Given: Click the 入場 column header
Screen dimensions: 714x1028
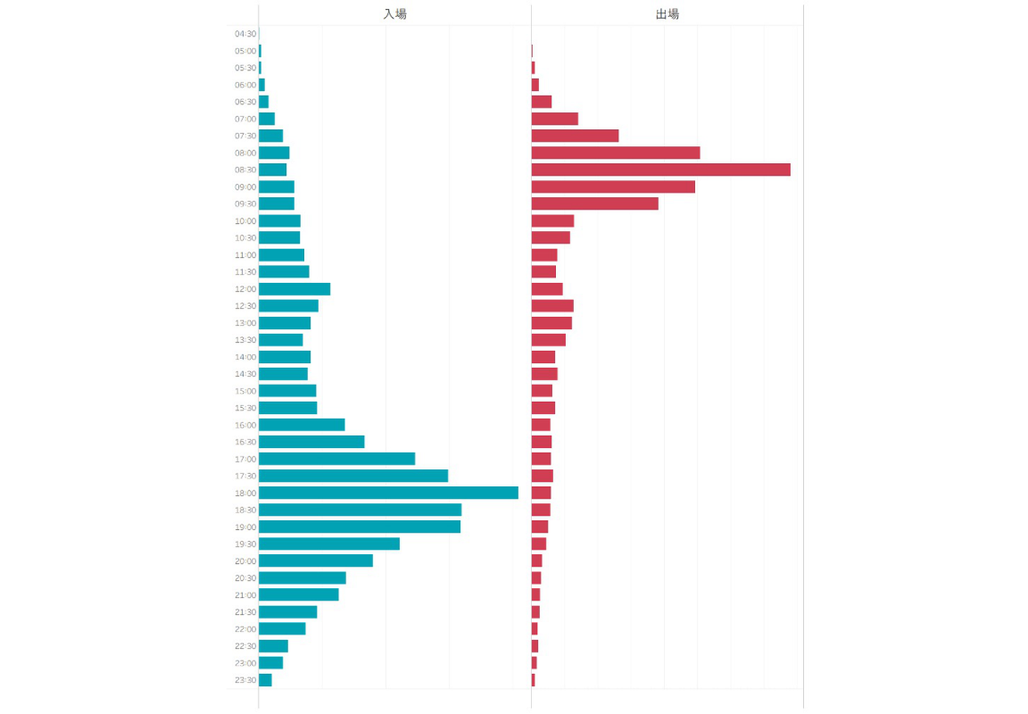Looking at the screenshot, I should pos(394,14).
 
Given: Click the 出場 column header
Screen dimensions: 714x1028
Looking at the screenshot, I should pos(667,14).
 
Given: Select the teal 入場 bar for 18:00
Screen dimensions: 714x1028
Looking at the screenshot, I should pos(388,493).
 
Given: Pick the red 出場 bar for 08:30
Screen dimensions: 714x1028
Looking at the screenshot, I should pos(660,170).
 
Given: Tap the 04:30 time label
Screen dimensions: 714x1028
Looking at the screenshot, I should pos(245,34).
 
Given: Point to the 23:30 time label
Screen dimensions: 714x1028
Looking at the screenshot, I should pos(245,680).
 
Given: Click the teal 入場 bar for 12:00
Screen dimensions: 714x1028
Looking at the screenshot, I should pos(294,289).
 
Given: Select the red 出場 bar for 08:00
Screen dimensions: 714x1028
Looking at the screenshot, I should pos(616,153).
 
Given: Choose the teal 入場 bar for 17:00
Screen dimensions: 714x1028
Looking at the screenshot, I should pos(336,459).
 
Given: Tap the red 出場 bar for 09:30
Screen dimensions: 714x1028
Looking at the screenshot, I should pos(594,203).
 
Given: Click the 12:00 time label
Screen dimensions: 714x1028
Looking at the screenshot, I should pos(245,289).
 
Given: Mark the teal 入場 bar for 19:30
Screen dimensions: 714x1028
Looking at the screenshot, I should pos(329,544).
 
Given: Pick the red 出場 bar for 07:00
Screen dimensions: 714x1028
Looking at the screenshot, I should pos(554,119).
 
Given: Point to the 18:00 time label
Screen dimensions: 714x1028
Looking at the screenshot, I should pos(245,493).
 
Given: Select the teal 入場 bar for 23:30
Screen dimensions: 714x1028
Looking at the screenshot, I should pos(265,680).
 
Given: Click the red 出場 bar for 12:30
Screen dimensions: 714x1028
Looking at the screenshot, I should pos(552,306).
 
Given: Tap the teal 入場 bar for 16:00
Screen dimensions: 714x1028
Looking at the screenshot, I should pos(302,425).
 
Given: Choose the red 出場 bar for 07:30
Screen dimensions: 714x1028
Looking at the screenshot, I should pos(575,136).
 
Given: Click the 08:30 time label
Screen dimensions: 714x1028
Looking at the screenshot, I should pos(245,170).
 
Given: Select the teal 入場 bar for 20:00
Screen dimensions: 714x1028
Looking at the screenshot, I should pos(316,560).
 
